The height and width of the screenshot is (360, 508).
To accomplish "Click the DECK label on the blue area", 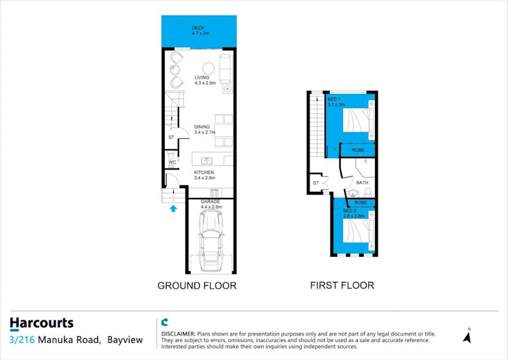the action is click(198, 28).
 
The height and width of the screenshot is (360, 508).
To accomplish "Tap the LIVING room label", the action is click(202, 78).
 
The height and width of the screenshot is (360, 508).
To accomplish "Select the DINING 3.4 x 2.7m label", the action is click(204, 130).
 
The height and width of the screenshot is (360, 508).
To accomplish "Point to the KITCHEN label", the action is click(204, 172).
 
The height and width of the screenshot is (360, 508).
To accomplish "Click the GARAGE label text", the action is click(210, 202).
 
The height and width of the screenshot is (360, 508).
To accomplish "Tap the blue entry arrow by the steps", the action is click(173, 208).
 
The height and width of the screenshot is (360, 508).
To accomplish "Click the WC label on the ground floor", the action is click(173, 162).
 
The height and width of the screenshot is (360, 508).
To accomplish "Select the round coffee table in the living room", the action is click(208, 68).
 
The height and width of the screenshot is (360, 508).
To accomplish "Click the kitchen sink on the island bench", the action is click(206, 160).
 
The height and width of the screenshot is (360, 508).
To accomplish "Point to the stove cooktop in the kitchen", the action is click(214, 193).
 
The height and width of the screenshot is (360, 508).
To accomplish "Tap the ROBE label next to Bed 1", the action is click(358, 150).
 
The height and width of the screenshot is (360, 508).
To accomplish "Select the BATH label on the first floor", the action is click(362, 183).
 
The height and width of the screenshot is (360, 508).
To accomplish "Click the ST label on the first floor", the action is click(316, 183).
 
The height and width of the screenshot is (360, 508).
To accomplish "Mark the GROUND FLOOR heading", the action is click(197, 286).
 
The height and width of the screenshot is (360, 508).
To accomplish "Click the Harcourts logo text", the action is click(42, 323).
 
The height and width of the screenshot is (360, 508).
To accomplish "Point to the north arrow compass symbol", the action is click(467, 336).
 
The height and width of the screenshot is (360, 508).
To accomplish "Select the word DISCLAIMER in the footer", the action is click(178, 334).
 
